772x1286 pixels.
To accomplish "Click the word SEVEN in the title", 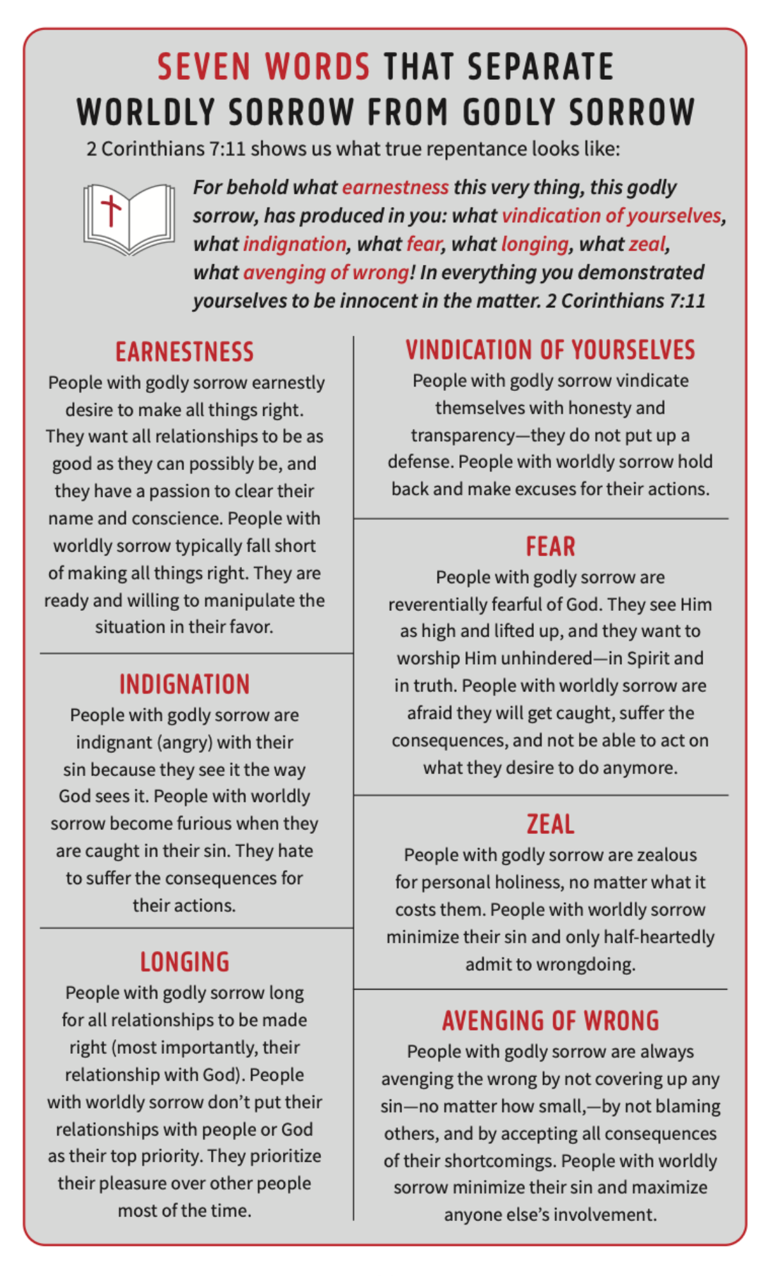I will pyautogui.click(x=203, y=67).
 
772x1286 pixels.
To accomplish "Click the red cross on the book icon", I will pyautogui.click(x=111, y=210).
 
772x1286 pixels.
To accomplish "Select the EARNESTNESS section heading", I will pyautogui.click(x=185, y=352).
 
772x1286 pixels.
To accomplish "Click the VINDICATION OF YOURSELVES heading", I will pyautogui.click(x=550, y=350).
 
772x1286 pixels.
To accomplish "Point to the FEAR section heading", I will pyautogui.click(x=550, y=547).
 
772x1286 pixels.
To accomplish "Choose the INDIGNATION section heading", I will pyautogui.click(x=185, y=685).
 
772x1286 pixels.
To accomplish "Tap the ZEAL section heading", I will pyautogui.click(x=550, y=824).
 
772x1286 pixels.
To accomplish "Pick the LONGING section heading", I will pyautogui.click(x=185, y=963).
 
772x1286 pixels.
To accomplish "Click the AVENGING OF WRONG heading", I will pyautogui.click(x=550, y=1021).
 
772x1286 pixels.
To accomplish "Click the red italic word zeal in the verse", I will pyautogui.click(x=647, y=244).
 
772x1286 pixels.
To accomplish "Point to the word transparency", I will pyautogui.click(x=463, y=436).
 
